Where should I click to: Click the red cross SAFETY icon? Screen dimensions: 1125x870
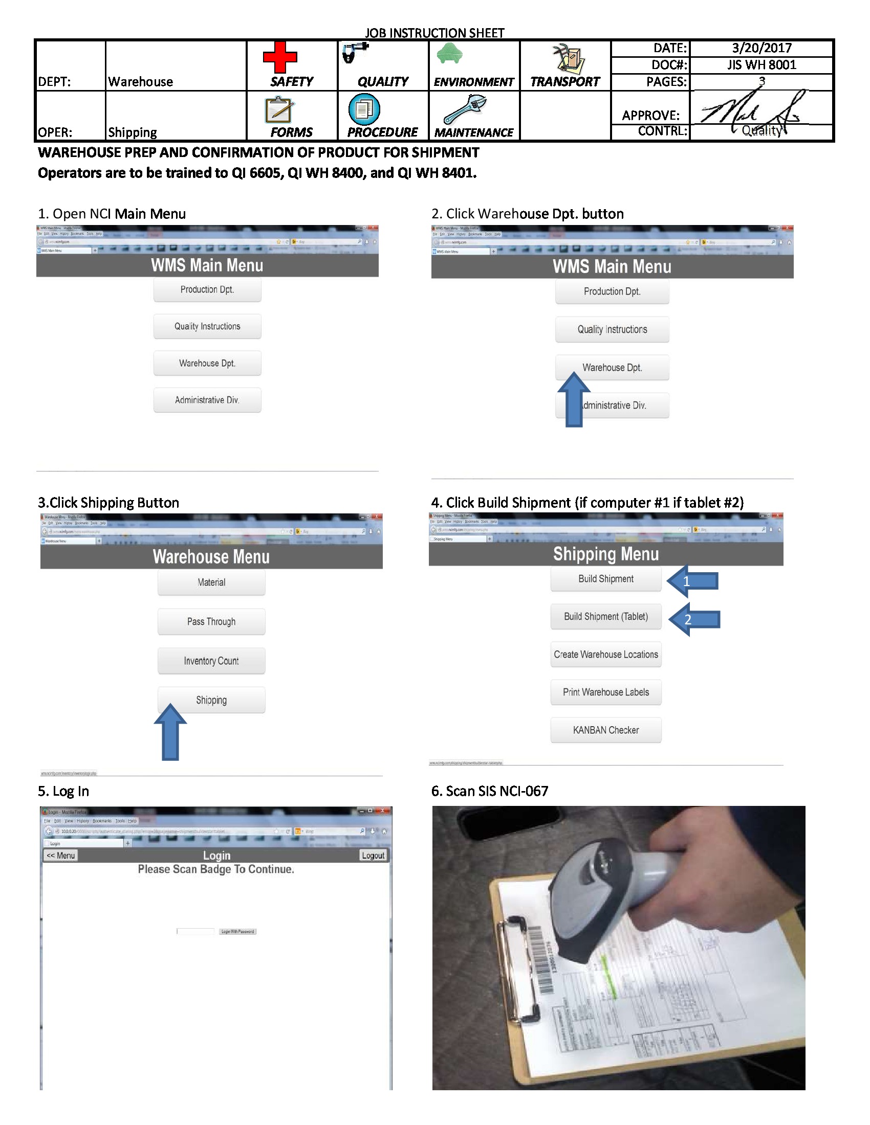[279, 57]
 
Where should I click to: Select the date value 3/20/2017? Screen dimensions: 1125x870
[762, 48]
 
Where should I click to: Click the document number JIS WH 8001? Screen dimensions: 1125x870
[762, 65]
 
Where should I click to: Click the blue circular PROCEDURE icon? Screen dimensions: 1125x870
[364, 109]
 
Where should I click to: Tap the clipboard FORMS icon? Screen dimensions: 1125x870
[279, 110]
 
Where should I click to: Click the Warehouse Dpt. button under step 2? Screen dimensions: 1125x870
[612, 367]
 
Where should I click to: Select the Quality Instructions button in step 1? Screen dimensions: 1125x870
[207, 326]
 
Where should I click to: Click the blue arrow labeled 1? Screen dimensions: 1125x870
[692, 581]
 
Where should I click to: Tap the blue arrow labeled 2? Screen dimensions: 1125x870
[694, 619]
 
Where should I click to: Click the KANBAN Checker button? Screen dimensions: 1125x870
[605, 730]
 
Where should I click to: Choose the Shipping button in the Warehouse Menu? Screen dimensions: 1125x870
[211, 700]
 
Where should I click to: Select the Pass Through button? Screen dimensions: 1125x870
[211, 621]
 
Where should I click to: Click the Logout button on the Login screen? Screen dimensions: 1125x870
[373, 855]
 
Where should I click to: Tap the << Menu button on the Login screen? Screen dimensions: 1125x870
[61, 855]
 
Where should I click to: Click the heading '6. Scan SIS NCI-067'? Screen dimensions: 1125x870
[490, 791]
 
